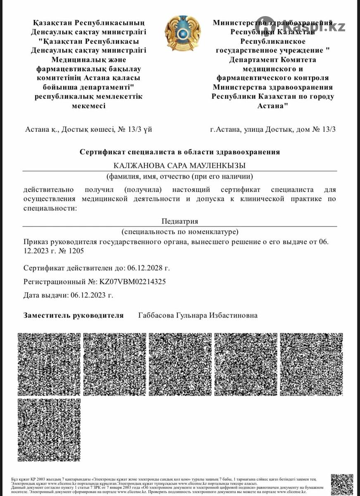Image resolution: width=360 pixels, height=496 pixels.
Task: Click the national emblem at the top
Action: (x=182, y=33)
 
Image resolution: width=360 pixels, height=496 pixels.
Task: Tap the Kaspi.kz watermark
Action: (x=301, y=27)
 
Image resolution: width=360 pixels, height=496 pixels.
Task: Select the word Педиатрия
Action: (x=180, y=221)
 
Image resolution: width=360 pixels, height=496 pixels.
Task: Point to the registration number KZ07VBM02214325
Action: (x=133, y=281)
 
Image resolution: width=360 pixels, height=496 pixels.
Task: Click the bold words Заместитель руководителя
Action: (x=74, y=315)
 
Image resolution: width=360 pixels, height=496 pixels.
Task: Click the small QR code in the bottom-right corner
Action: (x=342, y=484)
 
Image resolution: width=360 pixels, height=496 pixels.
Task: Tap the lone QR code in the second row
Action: (x=49, y=430)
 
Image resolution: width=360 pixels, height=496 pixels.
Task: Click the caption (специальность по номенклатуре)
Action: (x=180, y=231)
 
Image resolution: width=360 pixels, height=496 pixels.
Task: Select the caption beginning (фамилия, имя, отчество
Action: (x=180, y=176)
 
